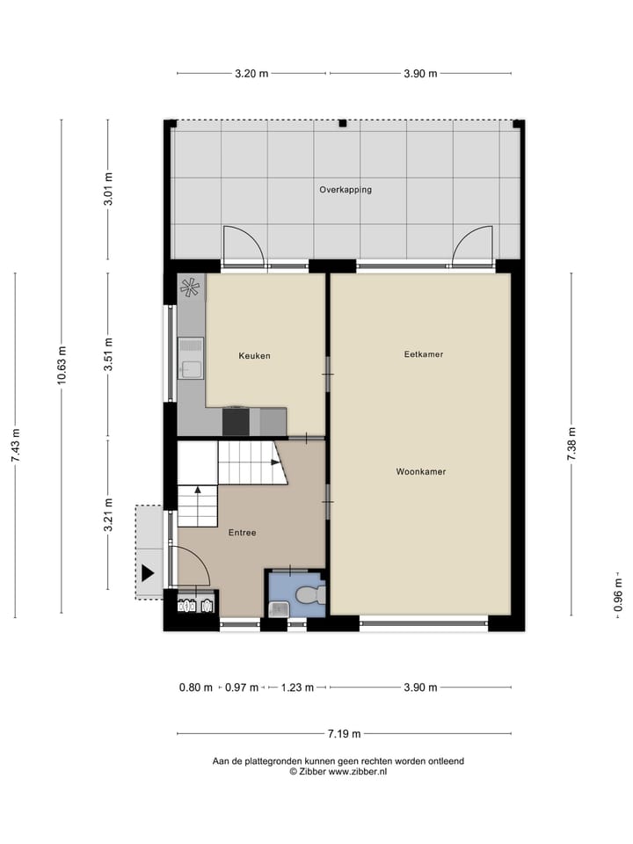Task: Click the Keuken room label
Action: pos(254,356)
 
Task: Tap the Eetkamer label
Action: pos(423,354)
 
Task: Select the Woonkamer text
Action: pos(420,471)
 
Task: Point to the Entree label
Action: pos(242,533)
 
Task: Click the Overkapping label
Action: pos(345,189)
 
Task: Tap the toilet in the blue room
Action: pos(309,595)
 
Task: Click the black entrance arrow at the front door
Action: pos(148,573)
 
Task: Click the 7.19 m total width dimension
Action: pos(344,733)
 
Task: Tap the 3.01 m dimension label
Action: pos(108,189)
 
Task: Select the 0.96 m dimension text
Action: pos(618,594)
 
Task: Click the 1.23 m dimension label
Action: pos(296,688)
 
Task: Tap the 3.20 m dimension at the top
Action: pos(251,74)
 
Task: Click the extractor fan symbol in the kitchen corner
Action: pos(190,286)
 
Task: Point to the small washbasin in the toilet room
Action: pos(278,608)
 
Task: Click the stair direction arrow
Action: pos(199,490)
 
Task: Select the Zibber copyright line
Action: pos(338,771)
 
